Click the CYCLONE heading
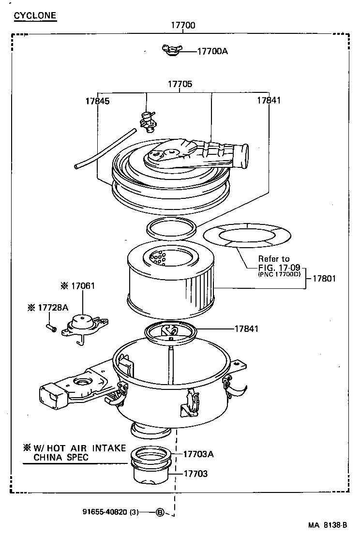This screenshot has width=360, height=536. (35, 16)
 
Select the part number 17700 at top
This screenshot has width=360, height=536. (183, 26)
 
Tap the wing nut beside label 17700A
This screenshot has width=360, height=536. (170, 50)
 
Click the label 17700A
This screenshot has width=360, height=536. (212, 51)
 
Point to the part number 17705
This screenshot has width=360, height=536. (180, 84)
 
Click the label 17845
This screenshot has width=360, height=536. (97, 101)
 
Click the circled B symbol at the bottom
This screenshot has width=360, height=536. (160, 512)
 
